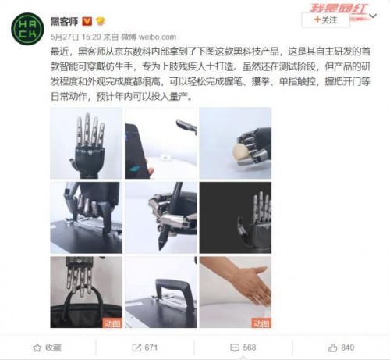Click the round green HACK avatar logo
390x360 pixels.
tap(27, 27)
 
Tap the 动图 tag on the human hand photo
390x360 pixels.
tap(261, 322)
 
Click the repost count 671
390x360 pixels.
tap(145, 347)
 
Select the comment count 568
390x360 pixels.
tap(243, 347)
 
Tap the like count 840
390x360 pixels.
tap(340, 347)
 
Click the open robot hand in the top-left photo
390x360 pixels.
tap(87, 141)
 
